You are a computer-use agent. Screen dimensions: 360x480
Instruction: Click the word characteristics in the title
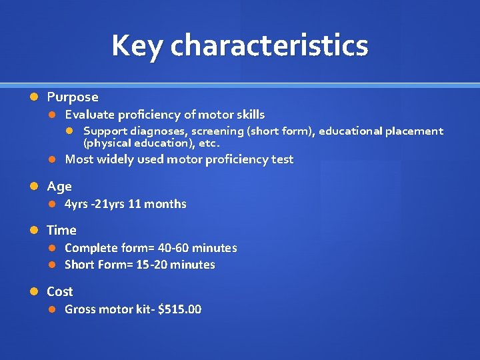pyautogui.click(x=269, y=46)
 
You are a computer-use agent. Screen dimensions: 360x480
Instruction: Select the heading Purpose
pyautogui.click(x=73, y=97)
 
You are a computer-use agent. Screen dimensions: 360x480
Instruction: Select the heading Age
pyautogui.click(x=59, y=187)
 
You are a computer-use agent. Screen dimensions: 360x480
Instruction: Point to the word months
pyautogui.click(x=165, y=204)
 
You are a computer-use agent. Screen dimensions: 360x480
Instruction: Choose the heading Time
pyautogui.click(x=61, y=231)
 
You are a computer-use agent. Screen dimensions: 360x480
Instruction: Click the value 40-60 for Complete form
pyautogui.click(x=173, y=248)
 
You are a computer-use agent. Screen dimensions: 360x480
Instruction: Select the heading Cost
pyautogui.click(x=60, y=292)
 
